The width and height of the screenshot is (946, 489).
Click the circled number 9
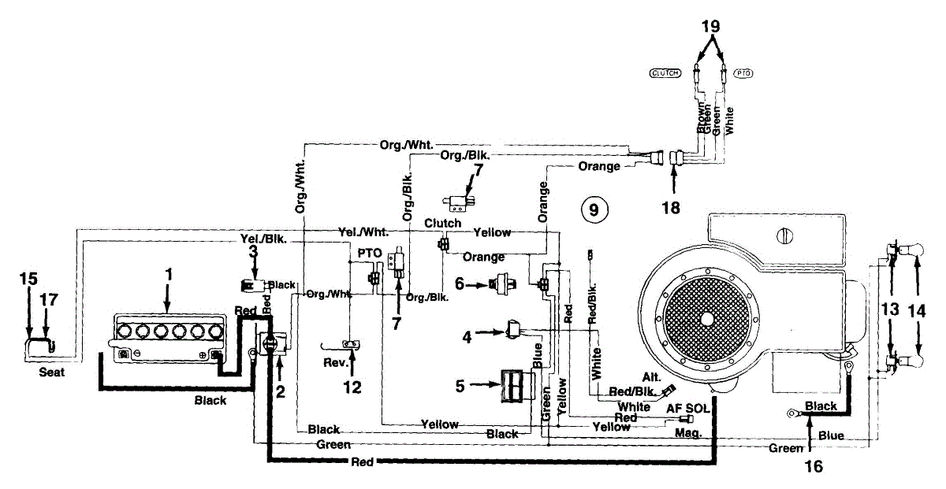[594, 209]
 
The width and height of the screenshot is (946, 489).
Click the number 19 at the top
[711, 25]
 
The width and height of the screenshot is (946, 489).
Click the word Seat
[51, 372]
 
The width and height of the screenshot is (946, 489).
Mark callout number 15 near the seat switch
[28, 279]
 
